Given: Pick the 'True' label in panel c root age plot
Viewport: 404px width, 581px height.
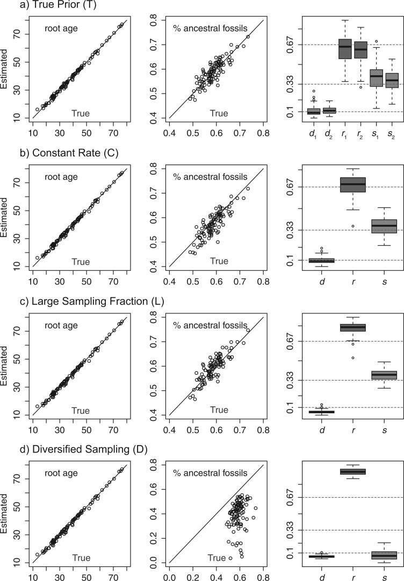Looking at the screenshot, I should (x=81, y=410).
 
